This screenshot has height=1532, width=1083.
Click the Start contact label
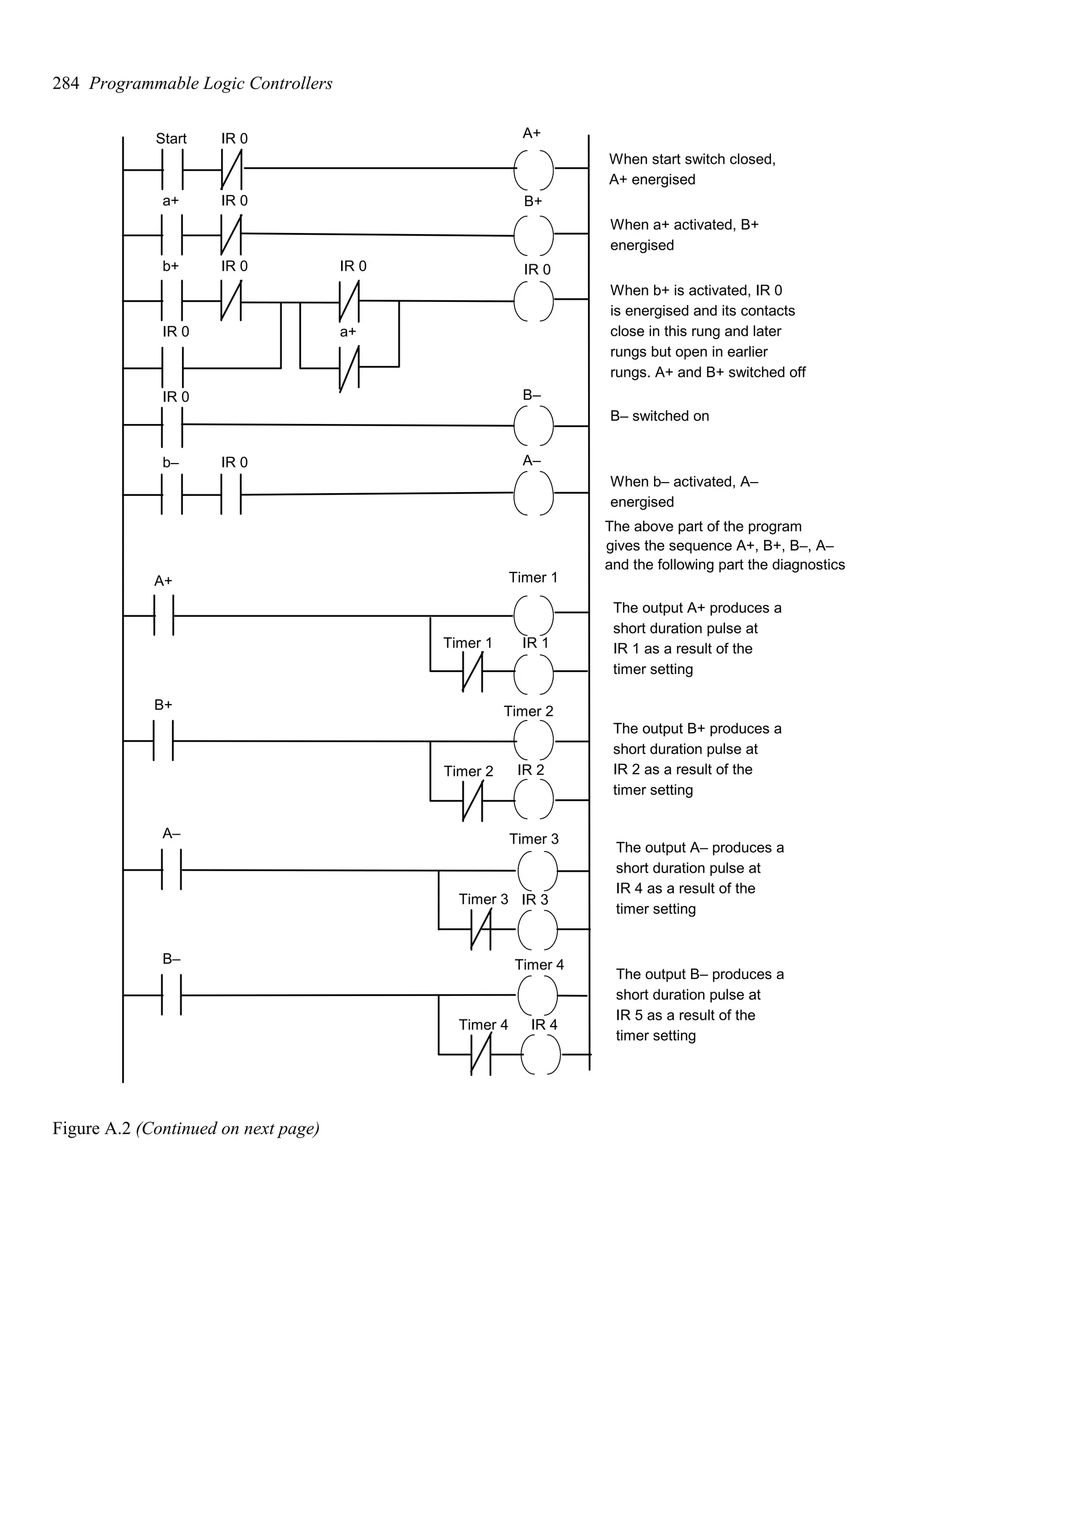171,139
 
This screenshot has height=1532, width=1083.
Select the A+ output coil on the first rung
533,170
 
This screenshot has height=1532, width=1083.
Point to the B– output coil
533,425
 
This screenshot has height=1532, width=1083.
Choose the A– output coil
533,493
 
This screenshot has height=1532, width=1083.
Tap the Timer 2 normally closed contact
472,800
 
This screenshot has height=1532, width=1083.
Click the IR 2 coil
533,799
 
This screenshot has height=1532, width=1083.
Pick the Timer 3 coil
537,871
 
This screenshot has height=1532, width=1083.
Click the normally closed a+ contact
349,367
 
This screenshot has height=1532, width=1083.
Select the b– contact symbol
171,494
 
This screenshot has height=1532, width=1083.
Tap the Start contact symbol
171,170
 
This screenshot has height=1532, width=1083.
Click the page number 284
66,84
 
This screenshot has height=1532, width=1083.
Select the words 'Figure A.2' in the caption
91,1128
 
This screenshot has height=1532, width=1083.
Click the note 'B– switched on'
659,417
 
